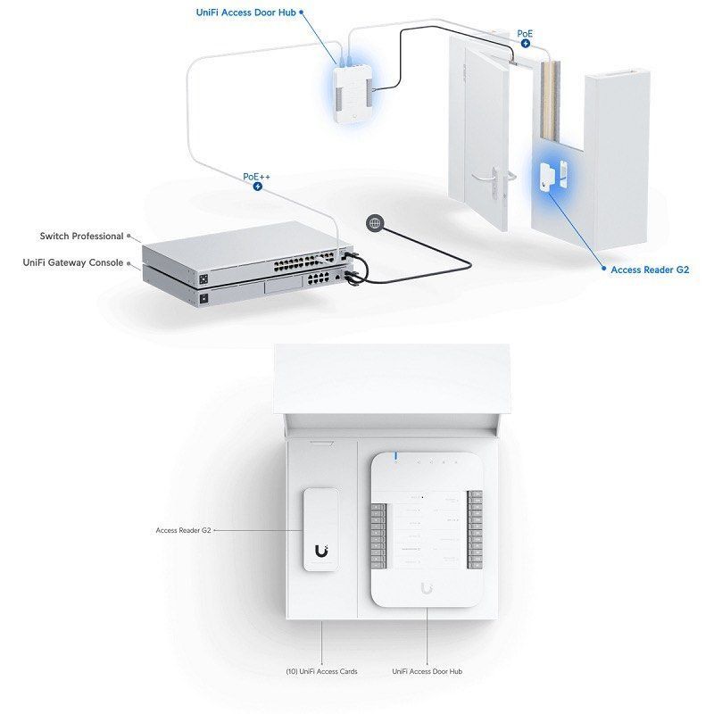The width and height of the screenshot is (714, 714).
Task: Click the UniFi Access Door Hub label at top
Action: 246,13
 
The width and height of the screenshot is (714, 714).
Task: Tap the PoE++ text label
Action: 257,177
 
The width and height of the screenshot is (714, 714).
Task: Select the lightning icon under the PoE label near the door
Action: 526,43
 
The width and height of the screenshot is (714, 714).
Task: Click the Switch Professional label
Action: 81,237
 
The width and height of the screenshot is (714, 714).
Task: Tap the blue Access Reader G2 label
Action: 650,269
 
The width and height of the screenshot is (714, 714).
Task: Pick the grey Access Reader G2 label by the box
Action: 182,530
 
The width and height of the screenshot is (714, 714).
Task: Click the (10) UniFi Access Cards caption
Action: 322,671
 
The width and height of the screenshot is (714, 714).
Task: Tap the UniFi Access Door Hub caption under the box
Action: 427,671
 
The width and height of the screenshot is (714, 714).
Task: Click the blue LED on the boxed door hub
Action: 395,458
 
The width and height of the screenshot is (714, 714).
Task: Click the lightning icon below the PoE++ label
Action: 257,187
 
